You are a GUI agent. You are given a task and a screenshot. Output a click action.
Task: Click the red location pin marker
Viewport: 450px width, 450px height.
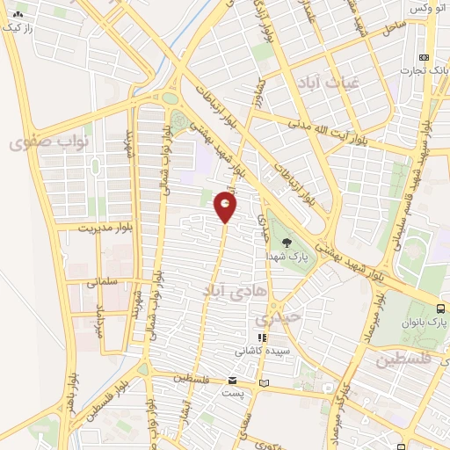pos(225,207)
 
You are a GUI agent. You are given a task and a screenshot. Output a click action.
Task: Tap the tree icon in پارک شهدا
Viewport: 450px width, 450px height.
pos(287,241)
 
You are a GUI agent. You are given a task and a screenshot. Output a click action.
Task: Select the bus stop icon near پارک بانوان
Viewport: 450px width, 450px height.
pos(440,308)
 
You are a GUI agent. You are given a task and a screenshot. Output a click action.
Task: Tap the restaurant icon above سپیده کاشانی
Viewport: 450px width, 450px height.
pos(261,337)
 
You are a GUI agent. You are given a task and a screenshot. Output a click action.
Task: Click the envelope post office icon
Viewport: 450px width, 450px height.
pos(232,381)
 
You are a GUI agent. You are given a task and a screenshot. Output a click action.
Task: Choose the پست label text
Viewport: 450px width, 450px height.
pos(235,392)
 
